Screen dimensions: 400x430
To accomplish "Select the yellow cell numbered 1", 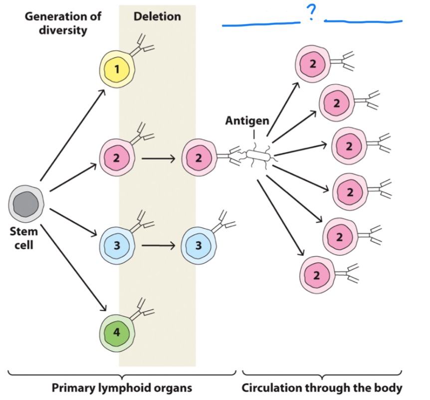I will (117, 69).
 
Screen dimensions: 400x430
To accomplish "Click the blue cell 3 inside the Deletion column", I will (199, 245).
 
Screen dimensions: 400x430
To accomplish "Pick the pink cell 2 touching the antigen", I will (199, 158).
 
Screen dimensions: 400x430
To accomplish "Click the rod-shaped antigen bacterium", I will (257, 157).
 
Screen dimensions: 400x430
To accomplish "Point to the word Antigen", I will (247, 121).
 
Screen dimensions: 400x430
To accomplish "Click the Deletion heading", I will (157, 16).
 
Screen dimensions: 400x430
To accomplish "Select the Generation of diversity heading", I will (63, 23).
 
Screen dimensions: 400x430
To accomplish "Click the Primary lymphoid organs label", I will (122, 388).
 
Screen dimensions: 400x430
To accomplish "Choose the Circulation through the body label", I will (322, 388).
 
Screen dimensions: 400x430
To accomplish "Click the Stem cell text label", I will (23, 238).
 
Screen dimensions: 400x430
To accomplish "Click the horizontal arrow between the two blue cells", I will (158, 245).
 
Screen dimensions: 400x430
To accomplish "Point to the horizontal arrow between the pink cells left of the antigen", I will (158, 159).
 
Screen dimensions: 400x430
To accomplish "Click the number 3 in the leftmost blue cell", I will (117, 245).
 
